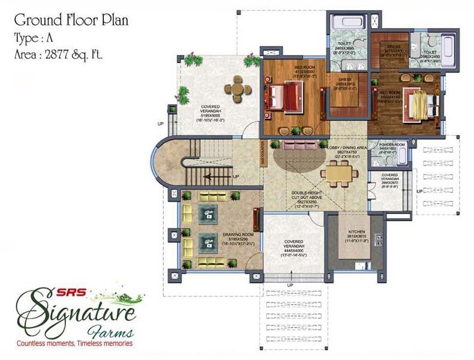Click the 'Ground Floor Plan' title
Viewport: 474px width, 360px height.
point(71,20)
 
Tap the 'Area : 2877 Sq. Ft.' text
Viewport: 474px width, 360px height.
point(59,54)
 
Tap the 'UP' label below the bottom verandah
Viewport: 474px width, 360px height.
point(290,285)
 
